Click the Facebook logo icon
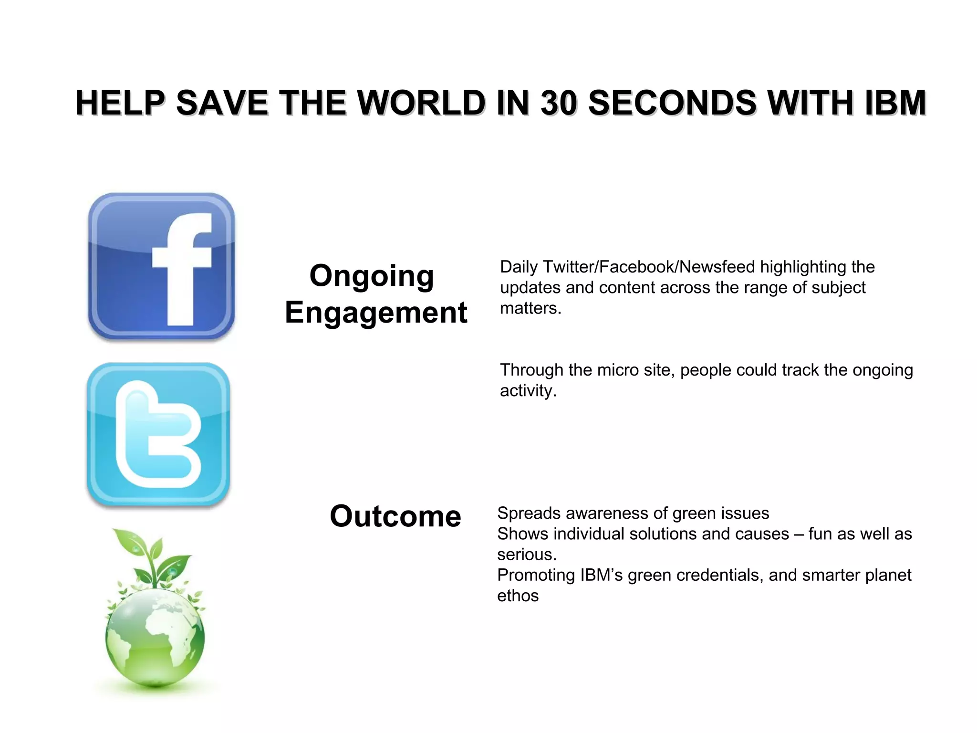(161, 266)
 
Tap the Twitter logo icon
(158, 434)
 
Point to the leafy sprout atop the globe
(154, 558)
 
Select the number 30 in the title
(559, 103)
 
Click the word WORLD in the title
(421, 103)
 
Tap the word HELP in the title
(120, 103)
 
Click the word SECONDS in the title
(672, 103)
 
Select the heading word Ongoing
(372, 276)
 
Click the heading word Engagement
(376, 313)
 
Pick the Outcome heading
(395, 516)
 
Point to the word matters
(530, 309)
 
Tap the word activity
(528, 391)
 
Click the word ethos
(518, 596)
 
